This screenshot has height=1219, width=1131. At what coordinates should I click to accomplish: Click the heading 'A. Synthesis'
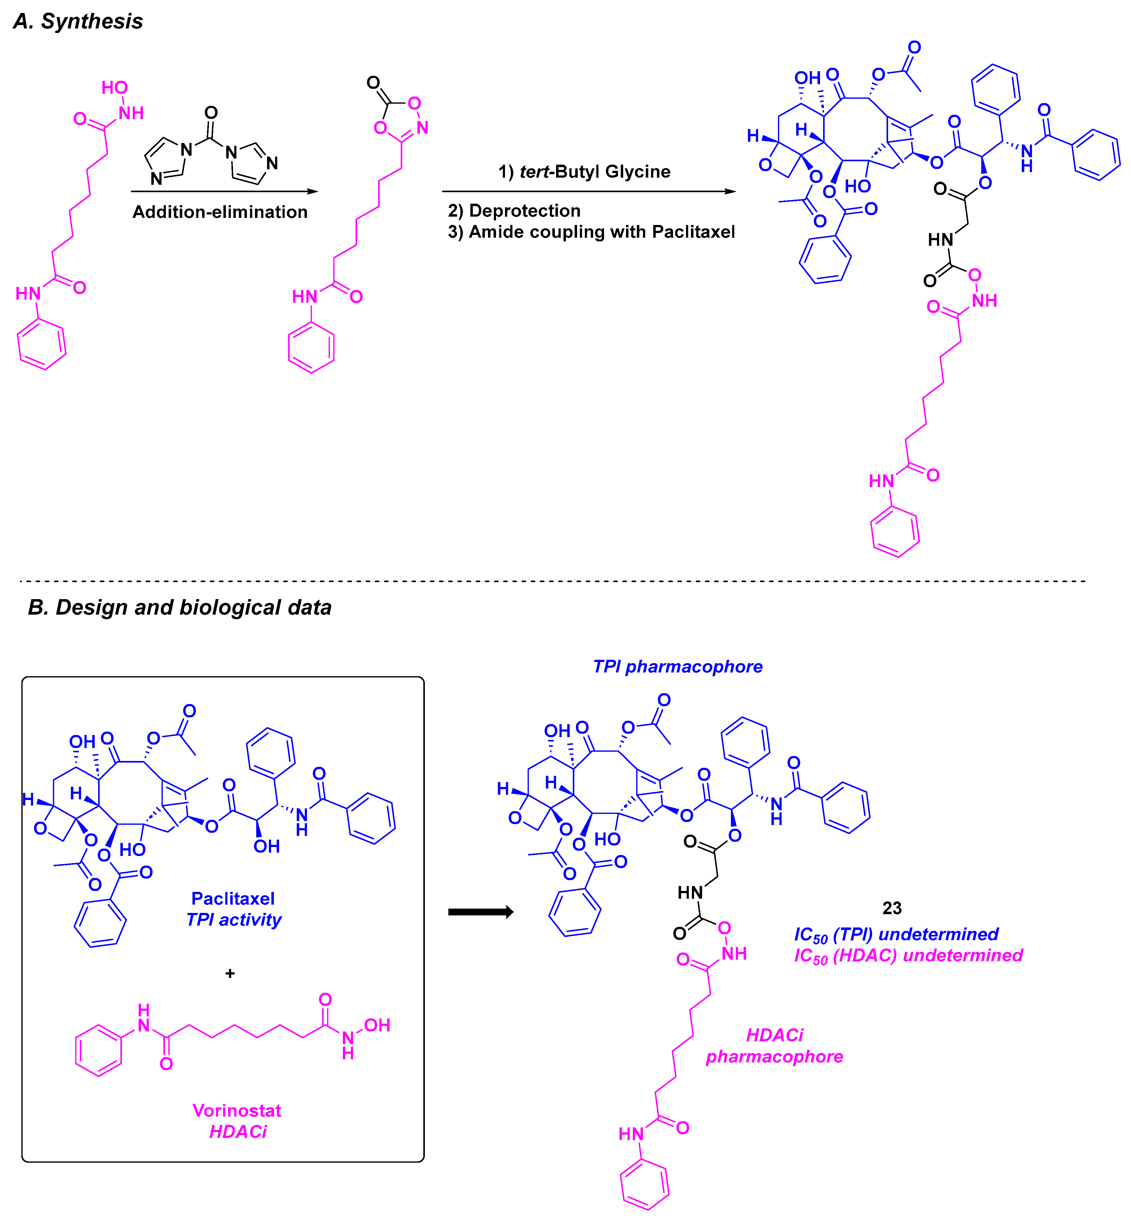pos(78,21)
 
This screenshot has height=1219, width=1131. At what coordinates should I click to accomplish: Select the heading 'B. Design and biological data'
pos(179,608)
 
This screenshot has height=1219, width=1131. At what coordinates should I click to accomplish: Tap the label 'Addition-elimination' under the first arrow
pos(220,212)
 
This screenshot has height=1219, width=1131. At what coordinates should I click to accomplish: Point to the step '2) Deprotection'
pos(514,211)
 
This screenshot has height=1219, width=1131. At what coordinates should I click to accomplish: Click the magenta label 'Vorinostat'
pos(237,1111)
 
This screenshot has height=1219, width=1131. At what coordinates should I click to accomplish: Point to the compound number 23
pos(892,908)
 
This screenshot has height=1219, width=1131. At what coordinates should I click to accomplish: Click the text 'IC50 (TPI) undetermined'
pos(896,935)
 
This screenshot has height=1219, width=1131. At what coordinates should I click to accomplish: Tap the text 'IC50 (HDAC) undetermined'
pos(908,956)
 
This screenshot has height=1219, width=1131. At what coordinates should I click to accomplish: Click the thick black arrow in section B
pos(481,912)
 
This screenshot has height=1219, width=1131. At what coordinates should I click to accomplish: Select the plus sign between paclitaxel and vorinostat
pos(230,974)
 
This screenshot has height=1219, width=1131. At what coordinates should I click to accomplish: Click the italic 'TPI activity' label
pos(234,920)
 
